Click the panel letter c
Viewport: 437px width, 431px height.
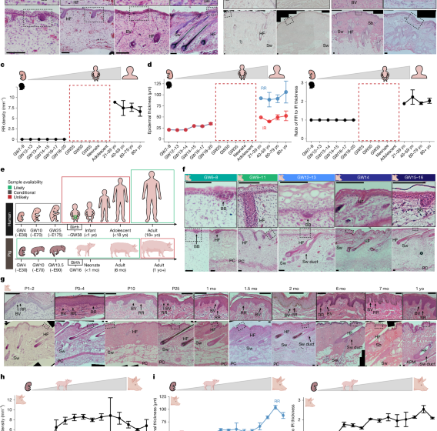[x=5, y=67]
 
